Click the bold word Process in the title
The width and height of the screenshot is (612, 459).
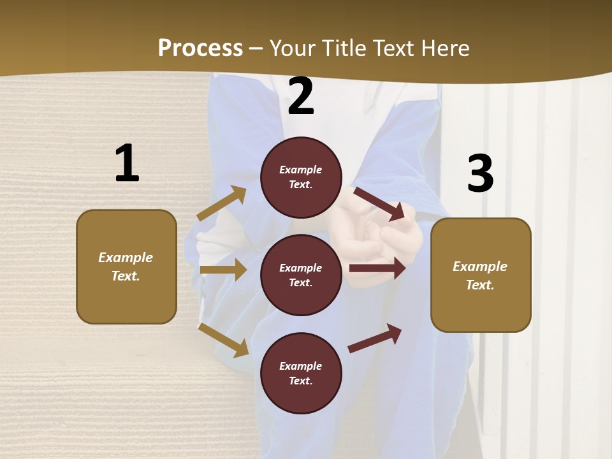point(200,48)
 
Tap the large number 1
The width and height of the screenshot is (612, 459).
point(127,163)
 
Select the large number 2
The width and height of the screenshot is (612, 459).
point(301,96)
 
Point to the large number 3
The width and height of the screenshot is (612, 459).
point(480,173)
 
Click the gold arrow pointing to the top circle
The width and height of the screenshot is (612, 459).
point(222,203)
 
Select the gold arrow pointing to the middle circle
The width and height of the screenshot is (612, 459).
point(223,270)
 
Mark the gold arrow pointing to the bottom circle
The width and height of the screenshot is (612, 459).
point(223,339)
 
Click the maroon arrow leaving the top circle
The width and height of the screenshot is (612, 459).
point(379,203)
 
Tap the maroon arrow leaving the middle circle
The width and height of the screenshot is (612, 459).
point(377,268)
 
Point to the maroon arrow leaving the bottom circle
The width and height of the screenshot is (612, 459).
point(375,338)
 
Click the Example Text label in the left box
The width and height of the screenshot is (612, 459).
point(126,266)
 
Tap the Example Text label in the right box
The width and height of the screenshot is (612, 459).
point(480,275)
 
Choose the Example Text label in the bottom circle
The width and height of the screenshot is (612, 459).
point(301,374)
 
